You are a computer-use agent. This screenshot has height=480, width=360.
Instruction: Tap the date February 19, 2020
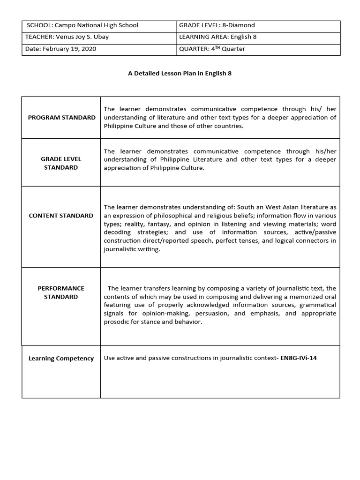click(x=69, y=49)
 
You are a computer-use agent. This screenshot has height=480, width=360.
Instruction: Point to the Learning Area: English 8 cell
click(x=217, y=37)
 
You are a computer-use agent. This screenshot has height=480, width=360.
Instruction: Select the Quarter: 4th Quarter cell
click(x=212, y=49)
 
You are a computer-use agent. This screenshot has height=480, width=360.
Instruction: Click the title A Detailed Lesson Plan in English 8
click(x=180, y=74)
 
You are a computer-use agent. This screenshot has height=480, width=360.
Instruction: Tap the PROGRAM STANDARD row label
click(x=61, y=118)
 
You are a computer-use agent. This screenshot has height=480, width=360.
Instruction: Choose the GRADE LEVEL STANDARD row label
click(x=61, y=163)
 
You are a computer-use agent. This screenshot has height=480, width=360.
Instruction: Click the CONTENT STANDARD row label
click(x=61, y=216)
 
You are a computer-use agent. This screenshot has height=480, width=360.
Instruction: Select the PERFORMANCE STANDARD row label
click(x=61, y=292)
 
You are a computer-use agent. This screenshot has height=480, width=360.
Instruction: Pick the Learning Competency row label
click(x=61, y=359)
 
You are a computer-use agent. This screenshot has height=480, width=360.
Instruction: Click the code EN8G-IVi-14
click(x=302, y=358)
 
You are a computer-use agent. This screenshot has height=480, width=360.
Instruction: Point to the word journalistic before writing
click(x=120, y=249)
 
